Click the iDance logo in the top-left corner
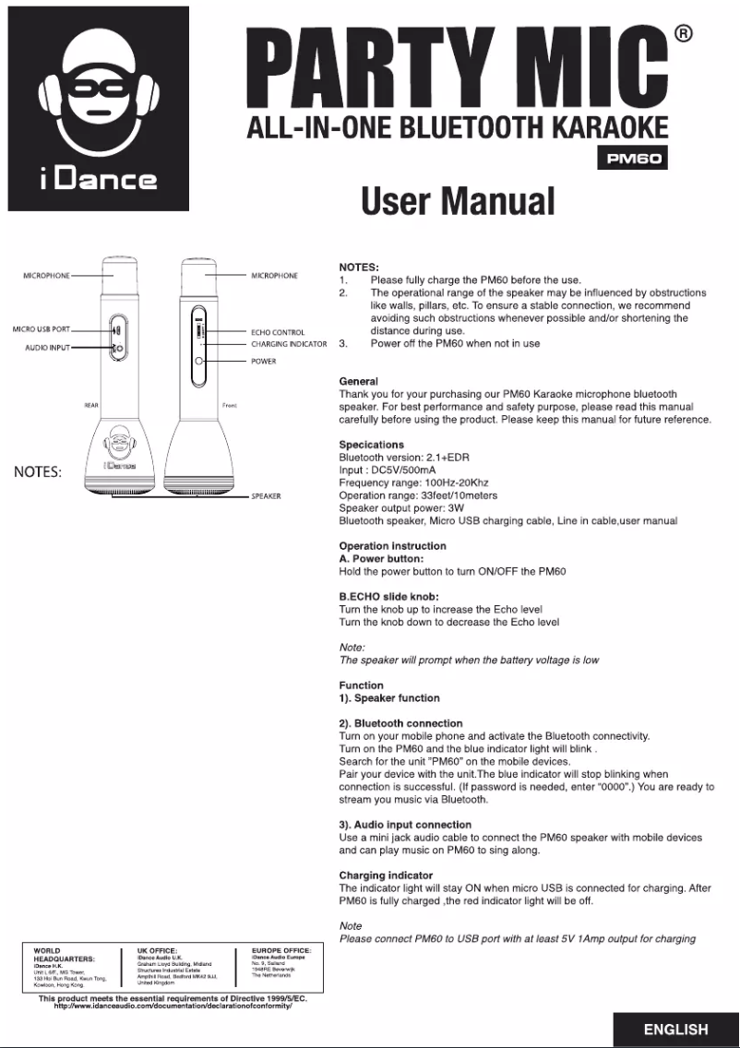tap(98, 109)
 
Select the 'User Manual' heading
tap(458, 200)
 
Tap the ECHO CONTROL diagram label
tap(278, 332)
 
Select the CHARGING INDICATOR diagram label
tap(289, 344)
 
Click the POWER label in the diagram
tap(264, 362)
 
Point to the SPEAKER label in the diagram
tap(266, 496)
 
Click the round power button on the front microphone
tap(199, 361)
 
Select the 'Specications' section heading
tap(372, 445)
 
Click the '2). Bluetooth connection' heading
tap(401, 723)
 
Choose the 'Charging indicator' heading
tap(386, 875)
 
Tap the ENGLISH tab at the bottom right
tap(676, 1030)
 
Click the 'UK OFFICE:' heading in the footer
tap(163, 949)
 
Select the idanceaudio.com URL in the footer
tap(173, 1006)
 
